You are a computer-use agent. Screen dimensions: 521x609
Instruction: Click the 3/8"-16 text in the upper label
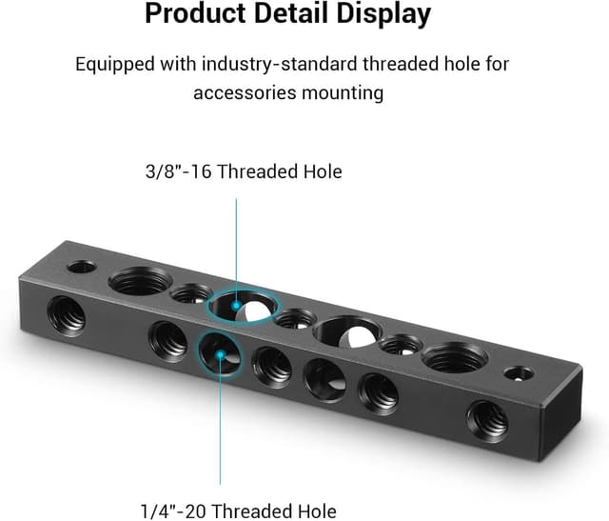tap(175, 172)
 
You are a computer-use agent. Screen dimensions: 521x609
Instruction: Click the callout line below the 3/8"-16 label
tap(237, 248)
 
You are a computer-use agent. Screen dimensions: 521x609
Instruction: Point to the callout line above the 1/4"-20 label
tap(221, 429)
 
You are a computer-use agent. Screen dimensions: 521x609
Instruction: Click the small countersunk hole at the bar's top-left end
tap(82, 267)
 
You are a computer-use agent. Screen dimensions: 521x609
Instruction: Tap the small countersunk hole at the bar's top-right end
tap(518, 372)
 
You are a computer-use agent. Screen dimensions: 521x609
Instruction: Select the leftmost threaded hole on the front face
tap(68, 311)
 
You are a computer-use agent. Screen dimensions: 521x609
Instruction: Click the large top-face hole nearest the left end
tap(140, 281)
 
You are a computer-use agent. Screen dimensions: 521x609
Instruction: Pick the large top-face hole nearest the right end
tap(453, 357)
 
